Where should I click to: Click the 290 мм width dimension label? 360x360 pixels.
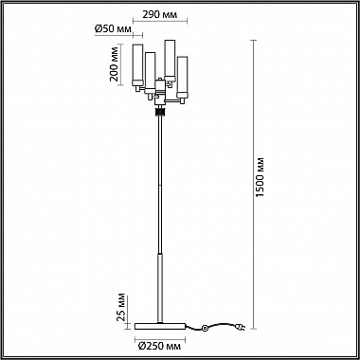click(x=159, y=14)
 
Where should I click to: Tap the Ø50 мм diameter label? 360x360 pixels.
click(x=113, y=29)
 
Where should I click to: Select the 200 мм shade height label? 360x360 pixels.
click(x=115, y=64)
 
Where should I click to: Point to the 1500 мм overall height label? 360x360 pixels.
click(x=260, y=177)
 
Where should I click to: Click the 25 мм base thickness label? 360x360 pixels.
click(x=121, y=307)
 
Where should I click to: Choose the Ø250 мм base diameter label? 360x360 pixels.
click(x=160, y=346)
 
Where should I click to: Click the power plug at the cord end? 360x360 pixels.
click(x=241, y=328)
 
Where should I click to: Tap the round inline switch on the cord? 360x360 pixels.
click(x=206, y=329)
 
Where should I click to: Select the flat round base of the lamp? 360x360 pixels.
click(x=160, y=326)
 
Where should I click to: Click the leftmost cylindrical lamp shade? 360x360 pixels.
click(x=137, y=65)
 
